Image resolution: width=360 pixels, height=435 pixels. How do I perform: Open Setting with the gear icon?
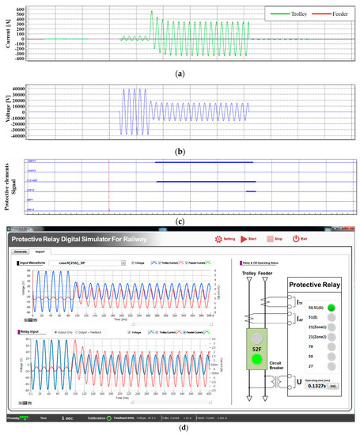pyautogui.click(x=222, y=239)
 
